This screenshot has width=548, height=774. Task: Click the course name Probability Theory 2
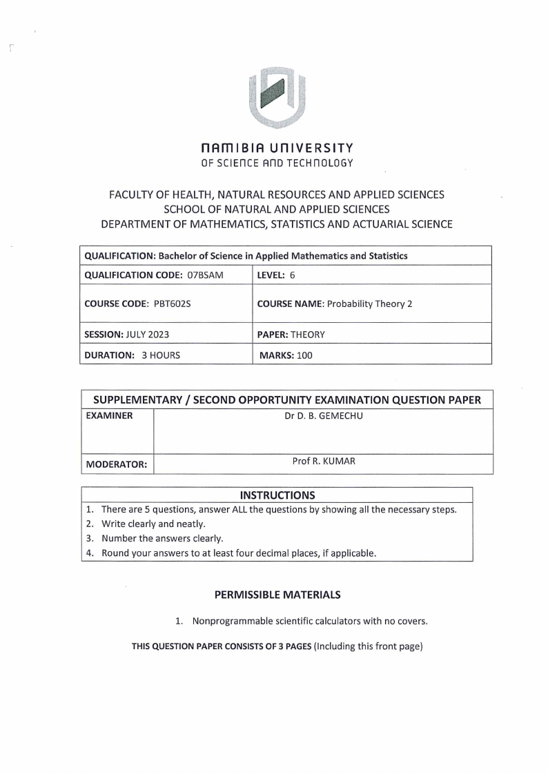coord(370,304)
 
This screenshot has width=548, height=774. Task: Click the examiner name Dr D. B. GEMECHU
coord(323,417)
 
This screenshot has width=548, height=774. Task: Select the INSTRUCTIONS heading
coord(277,495)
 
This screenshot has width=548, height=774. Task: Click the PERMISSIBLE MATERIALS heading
coord(277,594)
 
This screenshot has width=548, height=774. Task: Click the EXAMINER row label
coord(108,417)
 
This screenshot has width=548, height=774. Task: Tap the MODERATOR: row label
coord(116,465)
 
